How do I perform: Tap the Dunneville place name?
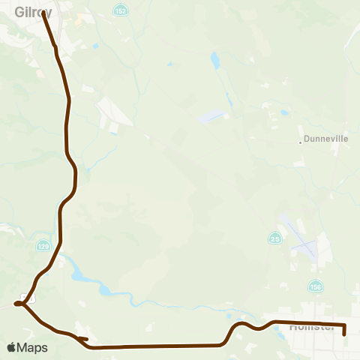[323, 139]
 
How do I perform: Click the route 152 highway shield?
[121, 10]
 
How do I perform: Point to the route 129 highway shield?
[43, 245]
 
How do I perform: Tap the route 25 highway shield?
[274, 238]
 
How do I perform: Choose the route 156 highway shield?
[314, 286]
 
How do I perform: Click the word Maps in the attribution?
[34, 347]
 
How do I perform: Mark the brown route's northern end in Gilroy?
[43, 13]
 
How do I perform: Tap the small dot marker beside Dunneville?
[300, 140]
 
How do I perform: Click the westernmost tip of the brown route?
[15, 304]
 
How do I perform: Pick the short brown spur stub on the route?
[84, 339]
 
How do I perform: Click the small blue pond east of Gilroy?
[96, 46]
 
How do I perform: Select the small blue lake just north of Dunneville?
[284, 113]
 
